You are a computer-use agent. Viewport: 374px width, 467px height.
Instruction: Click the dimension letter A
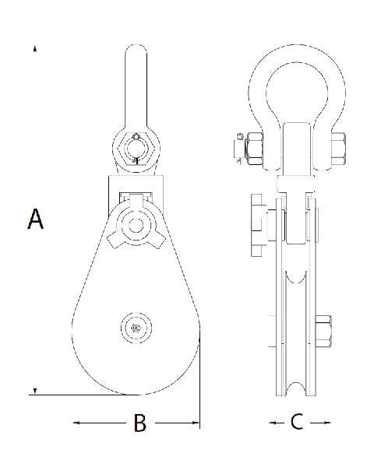[x=35, y=219]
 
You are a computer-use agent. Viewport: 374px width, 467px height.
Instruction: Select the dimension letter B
[x=139, y=423]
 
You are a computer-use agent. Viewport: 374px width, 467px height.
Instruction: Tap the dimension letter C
[x=296, y=423]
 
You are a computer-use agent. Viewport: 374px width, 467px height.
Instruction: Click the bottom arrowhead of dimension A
[x=35, y=390]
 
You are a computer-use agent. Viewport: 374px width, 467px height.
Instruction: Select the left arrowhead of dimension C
[x=272, y=423]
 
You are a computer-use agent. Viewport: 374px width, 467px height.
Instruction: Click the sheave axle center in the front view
[x=137, y=328]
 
